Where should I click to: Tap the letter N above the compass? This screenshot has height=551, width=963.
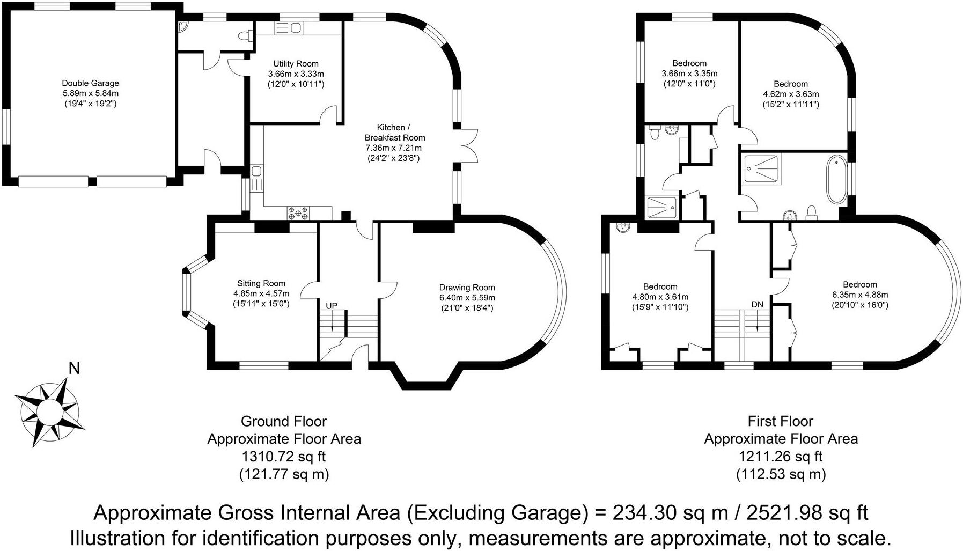[75, 369]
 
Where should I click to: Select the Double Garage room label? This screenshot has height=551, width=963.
[90, 83]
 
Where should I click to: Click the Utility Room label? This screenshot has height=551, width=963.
[296, 64]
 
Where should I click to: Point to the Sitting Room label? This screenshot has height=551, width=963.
[261, 283]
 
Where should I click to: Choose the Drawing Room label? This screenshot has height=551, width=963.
[467, 288]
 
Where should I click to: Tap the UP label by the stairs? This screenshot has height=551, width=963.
[332, 306]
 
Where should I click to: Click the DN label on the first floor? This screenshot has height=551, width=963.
[757, 305]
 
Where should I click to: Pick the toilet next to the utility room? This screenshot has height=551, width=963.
[246, 36]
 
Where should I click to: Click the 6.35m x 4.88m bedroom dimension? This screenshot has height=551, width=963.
[860, 295]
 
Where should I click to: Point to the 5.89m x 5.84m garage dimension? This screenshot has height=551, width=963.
[90, 93]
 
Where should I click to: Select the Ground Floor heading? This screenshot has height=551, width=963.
[284, 421]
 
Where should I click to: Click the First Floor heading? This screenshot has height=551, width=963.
[781, 421]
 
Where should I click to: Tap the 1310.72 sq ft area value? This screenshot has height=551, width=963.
[284, 457]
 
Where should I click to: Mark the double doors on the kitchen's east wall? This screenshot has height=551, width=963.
[467, 145]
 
